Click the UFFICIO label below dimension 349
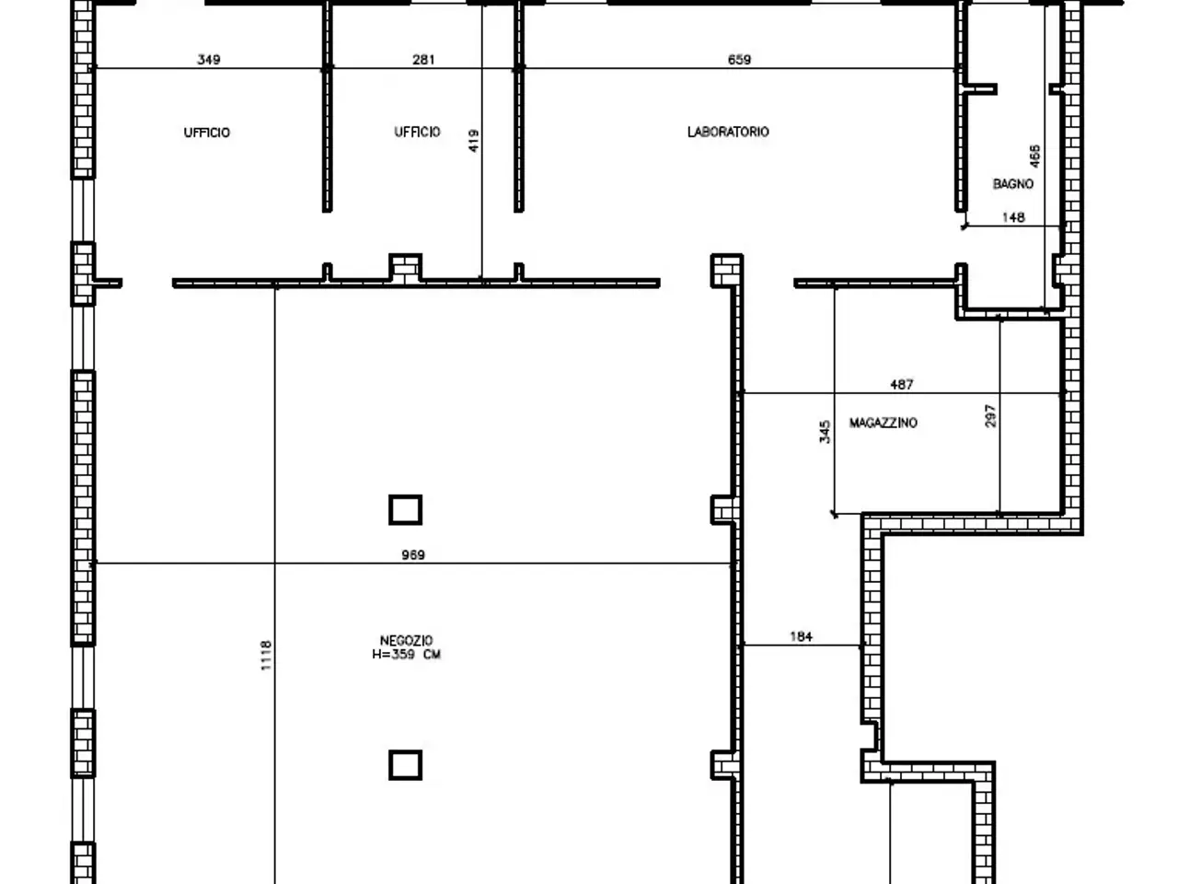tap(207, 133)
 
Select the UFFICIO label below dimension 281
tap(417, 132)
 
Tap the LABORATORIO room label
tap(728, 132)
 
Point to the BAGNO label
tap(1012, 184)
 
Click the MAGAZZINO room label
tap(883, 423)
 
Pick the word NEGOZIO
tap(406, 640)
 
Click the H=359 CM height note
tap(406, 655)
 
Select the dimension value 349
tap(209, 60)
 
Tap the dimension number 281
tap(423, 60)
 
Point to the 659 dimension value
tap(739, 60)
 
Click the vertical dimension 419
tap(473, 141)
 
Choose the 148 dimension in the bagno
tap(1013, 217)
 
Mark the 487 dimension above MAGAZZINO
tap(902, 384)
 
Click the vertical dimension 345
tap(825, 432)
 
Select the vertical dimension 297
tap(990, 416)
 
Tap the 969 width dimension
tap(413, 554)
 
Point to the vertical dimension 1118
tap(266, 656)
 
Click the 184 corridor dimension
tap(801, 636)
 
